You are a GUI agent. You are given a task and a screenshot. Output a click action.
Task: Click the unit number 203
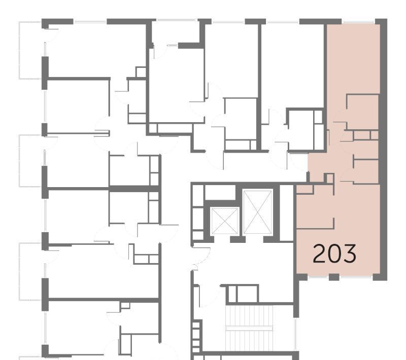click(x=334, y=254)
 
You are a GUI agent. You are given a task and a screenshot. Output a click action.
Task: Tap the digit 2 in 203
click(x=319, y=254)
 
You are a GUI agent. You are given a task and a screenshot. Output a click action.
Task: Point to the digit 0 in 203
click(x=334, y=254)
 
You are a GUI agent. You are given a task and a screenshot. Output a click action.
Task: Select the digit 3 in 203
click(x=350, y=254)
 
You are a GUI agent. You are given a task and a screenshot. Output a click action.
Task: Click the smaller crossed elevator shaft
click(x=224, y=222)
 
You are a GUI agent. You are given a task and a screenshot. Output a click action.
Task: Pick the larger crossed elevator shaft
click(x=258, y=212)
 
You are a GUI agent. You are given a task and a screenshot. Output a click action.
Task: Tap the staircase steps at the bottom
click(x=249, y=328)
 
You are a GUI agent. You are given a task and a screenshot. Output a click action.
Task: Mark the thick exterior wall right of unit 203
click(x=384, y=150)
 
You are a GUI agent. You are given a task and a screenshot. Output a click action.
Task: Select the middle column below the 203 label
click(x=334, y=277)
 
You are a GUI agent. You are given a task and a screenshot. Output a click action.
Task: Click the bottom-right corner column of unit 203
click(x=379, y=277)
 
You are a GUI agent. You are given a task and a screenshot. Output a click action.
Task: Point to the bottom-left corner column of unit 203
click(x=301, y=277)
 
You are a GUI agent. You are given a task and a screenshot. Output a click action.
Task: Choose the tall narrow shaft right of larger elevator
click(x=286, y=213)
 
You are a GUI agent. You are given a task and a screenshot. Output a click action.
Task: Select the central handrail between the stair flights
click(x=249, y=328)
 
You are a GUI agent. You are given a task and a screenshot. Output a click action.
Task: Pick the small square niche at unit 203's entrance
click(x=329, y=178)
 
